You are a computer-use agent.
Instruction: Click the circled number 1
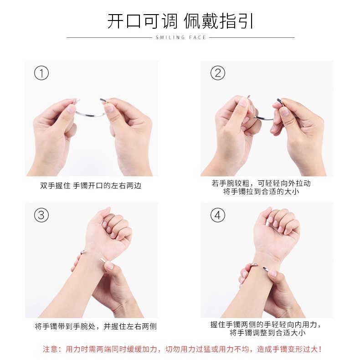click(x=41, y=73)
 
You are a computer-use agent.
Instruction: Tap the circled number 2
click(x=218, y=73)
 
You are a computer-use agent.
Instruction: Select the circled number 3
click(x=41, y=215)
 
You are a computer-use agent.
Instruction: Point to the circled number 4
click(x=218, y=215)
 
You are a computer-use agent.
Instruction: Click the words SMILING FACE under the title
click(x=181, y=37)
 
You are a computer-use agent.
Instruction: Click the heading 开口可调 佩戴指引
click(x=180, y=21)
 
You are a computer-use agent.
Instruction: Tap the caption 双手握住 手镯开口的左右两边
click(x=91, y=185)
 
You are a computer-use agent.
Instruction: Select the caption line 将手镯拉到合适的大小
click(x=261, y=191)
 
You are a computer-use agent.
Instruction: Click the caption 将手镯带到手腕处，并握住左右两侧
click(x=96, y=326)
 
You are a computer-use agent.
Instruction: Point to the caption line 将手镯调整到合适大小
click(x=267, y=333)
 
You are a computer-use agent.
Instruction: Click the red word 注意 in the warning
click(x=50, y=349)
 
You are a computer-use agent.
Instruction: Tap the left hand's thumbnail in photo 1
click(x=72, y=108)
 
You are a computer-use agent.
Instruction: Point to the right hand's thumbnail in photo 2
click(x=285, y=112)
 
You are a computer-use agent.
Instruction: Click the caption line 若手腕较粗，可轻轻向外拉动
click(x=261, y=183)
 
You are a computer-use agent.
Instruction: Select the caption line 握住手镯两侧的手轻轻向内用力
click(x=266, y=324)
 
